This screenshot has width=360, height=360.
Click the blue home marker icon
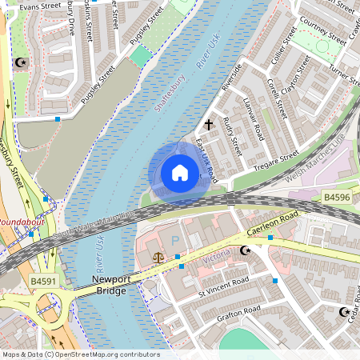[x=180, y=172]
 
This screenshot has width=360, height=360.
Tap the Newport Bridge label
[x=110, y=285]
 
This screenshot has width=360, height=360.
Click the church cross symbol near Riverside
[x=209, y=125]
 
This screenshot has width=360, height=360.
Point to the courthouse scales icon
[x=157, y=258]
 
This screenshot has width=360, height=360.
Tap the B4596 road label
[x=338, y=195]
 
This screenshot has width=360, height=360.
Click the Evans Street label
[x=40, y=6]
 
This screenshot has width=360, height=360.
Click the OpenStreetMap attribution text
[x=80, y=354]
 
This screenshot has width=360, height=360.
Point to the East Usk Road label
[x=206, y=157]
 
